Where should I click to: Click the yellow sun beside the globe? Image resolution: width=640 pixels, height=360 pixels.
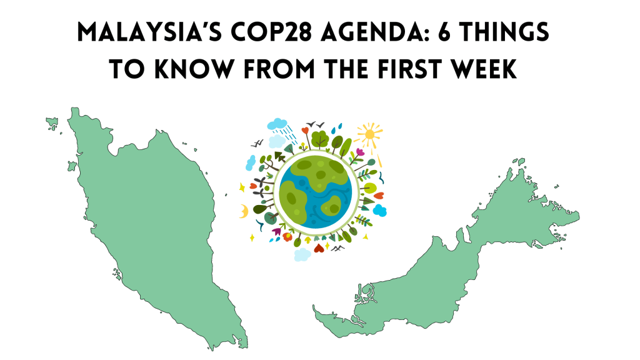click(369, 133)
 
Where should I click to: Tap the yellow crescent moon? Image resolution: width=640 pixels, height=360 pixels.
click(243, 212)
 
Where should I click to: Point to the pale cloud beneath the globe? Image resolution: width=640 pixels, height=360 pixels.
click(302, 254)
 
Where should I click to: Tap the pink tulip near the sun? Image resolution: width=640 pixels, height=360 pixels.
click(359, 152)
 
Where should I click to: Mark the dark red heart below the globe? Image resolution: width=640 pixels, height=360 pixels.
click(319, 249)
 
